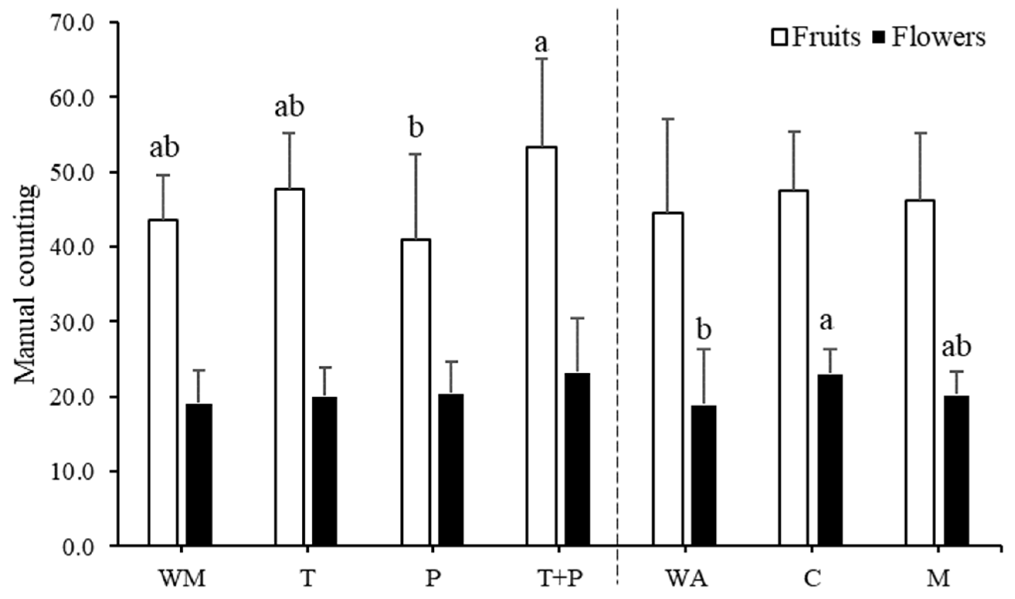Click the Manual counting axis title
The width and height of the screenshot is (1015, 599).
(27, 285)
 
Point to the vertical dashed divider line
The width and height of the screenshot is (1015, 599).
(618, 283)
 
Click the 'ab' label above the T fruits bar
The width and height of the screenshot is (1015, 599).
(289, 108)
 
